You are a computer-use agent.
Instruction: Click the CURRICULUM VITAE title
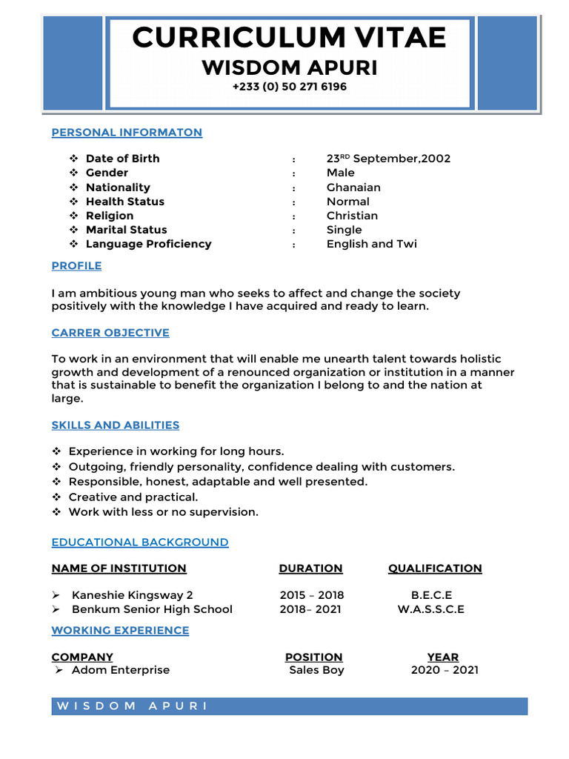289,37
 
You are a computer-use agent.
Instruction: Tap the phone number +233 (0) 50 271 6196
289,87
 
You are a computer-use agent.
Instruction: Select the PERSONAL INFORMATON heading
127,133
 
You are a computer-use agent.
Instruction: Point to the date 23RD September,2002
388,159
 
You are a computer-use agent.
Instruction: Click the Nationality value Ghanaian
353,188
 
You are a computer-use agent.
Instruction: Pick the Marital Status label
126,230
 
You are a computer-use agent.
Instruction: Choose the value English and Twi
371,244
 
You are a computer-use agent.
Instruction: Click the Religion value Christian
352,216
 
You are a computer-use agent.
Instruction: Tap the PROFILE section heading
76,265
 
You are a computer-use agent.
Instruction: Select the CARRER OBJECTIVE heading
110,333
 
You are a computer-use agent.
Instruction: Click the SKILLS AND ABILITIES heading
116,425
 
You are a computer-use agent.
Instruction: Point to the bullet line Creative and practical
133,497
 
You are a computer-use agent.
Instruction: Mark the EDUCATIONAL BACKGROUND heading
140,543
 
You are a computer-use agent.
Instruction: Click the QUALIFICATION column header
435,569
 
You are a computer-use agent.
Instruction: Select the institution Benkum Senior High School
152,609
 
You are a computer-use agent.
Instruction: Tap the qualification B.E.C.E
431,595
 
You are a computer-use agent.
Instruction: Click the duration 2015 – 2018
312,595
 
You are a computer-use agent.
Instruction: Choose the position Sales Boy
316,670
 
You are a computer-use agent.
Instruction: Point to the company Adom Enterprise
121,670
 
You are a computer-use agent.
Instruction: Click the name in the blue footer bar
133,706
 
